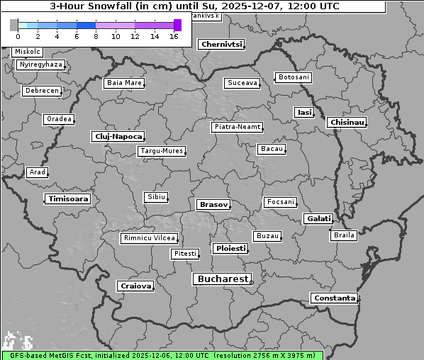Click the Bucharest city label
tap(223, 279)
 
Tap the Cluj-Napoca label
tap(118, 136)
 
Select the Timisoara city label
tap(68, 199)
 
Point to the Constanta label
tap(334, 298)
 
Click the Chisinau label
tap(347, 123)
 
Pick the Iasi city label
tap(304, 112)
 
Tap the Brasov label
tap(213, 204)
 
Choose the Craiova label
tap(135, 286)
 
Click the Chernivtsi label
tap(221, 44)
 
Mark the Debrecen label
tap(41, 91)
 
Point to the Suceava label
tap(242, 83)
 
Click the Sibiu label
tap(155, 196)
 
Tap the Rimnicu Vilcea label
tap(149, 238)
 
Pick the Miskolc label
tap(28, 52)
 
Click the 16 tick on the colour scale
tap(174, 36)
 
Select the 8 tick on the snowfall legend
tap(96, 36)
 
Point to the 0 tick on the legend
tap(18, 36)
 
